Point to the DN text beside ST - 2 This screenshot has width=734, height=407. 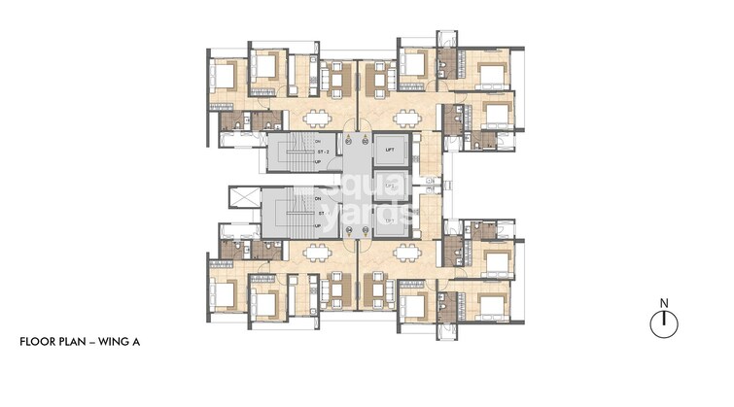click(x=318, y=142)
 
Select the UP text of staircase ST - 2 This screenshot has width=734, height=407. click(x=318, y=162)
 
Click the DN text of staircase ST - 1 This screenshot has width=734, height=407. click(x=318, y=199)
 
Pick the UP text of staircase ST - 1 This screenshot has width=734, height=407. click(x=318, y=224)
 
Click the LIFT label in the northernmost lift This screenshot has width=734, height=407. click(x=389, y=151)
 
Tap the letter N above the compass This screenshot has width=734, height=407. click(x=664, y=303)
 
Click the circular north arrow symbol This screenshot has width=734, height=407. click(x=664, y=323)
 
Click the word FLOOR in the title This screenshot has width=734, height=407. click(x=40, y=343)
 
